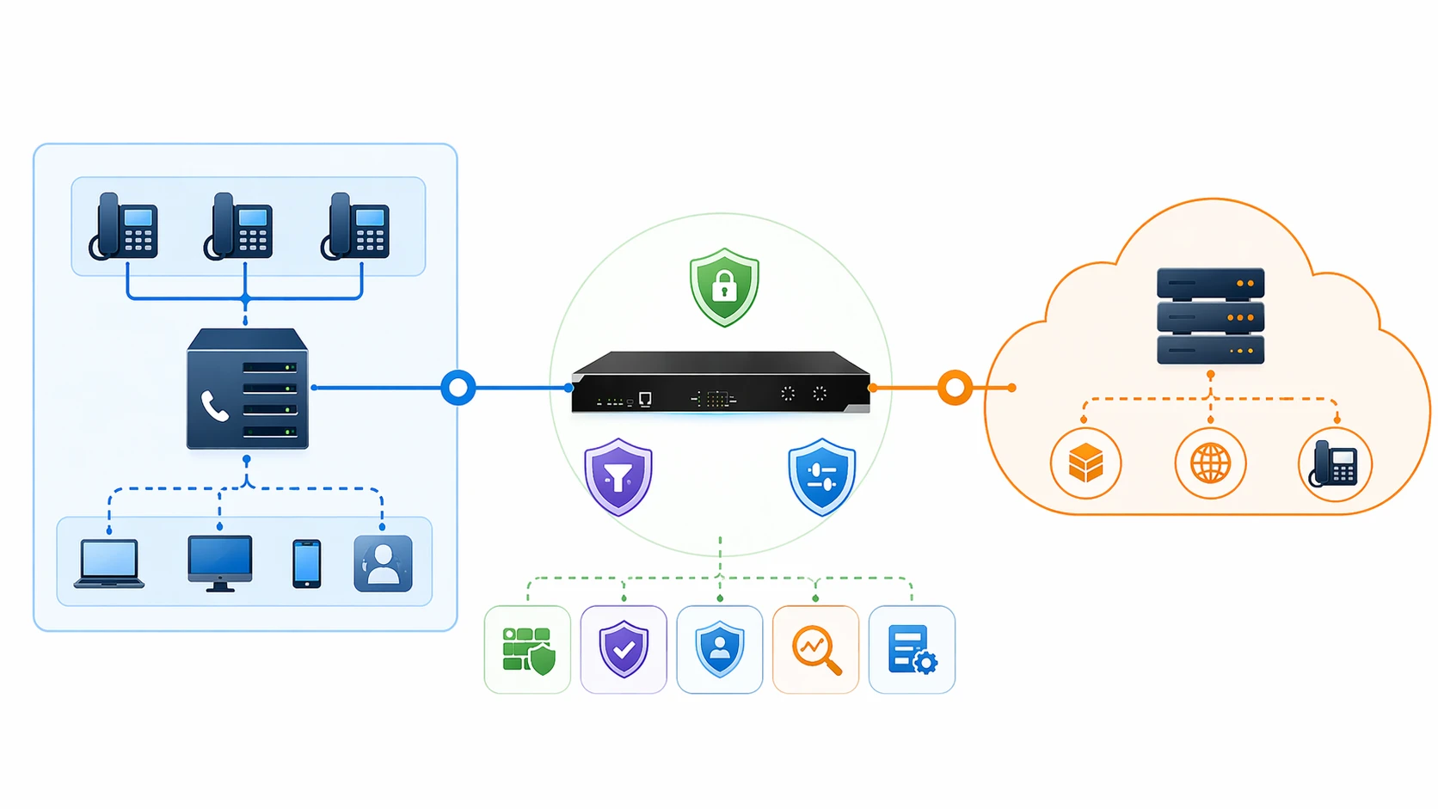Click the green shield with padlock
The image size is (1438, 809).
tap(724, 287)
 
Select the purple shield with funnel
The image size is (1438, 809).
tap(618, 476)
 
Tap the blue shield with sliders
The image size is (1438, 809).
tap(822, 476)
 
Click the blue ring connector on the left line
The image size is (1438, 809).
tap(458, 388)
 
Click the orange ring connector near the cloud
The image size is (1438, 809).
tap(955, 388)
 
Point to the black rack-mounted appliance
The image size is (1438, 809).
tap(721, 383)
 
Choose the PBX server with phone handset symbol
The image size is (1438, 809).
tap(248, 389)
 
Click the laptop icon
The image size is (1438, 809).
tap(109, 564)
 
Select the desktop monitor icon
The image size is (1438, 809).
tap(220, 563)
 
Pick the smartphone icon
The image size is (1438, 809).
tap(307, 564)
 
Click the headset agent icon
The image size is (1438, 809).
tap(383, 564)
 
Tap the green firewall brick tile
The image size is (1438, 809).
tap(527, 650)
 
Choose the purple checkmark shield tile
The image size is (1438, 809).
tap(624, 650)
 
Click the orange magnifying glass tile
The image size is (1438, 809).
tap(815, 650)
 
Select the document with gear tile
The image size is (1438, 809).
tap(912, 650)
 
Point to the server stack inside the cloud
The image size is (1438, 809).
tap(1210, 316)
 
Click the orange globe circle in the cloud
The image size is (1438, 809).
tap(1210, 464)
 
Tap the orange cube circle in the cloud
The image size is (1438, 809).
tap(1085, 464)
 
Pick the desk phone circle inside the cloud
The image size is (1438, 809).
tap(1335, 464)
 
